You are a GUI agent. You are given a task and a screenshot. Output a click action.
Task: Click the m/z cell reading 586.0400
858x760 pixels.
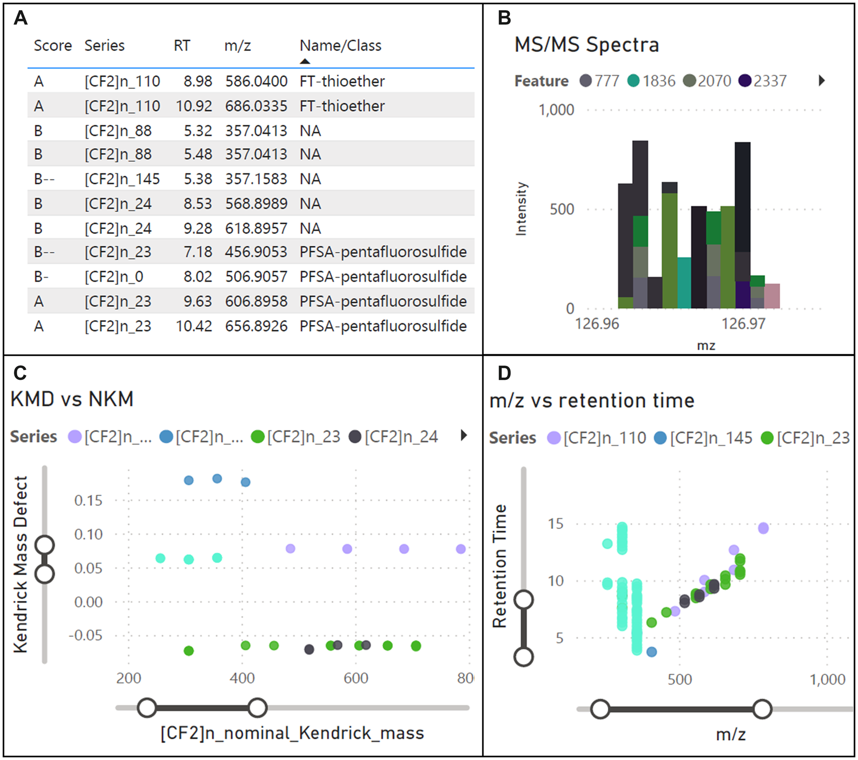click(x=256, y=81)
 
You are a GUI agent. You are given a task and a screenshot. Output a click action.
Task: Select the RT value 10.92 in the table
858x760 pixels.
click(x=194, y=106)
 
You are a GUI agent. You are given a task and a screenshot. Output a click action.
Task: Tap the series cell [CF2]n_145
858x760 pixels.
click(x=122, y=179)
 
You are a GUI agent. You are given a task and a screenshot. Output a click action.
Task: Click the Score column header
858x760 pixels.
click(x=52, y=46)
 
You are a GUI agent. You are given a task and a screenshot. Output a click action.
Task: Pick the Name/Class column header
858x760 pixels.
click(x=340, y=46)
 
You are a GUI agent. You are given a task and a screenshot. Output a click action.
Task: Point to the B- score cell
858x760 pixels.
click(x=41, y=277)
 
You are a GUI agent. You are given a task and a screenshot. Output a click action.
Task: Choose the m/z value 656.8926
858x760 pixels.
click(x=256, y=326)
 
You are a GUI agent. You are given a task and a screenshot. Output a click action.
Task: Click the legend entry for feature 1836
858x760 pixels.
click(x=652, y=81)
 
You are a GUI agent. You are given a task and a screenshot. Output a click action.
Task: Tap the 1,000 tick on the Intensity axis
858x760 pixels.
click(x=556, y=110)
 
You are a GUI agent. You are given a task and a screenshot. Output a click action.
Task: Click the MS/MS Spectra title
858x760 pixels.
click(x=587, y=45)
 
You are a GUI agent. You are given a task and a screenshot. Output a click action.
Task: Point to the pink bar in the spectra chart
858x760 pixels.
click(x=772, y=296)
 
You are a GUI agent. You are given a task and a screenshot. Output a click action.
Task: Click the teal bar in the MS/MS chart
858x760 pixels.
click(x=684, y=283)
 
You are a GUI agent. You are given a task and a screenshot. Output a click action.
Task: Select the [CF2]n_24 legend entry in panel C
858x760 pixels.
click(x=394, y=437)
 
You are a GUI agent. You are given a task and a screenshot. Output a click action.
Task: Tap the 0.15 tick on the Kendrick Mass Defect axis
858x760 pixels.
click(x=88, y=500)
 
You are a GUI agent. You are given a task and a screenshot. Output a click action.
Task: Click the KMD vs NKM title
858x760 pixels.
click(x=72, y=399)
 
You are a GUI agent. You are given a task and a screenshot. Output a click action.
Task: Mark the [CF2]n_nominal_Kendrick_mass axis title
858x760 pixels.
click(x=292, y=733)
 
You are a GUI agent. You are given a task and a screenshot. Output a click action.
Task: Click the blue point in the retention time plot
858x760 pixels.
click(x=652, y=652)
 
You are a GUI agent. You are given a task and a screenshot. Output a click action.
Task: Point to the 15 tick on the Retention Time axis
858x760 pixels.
click(x=556, y=524)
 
